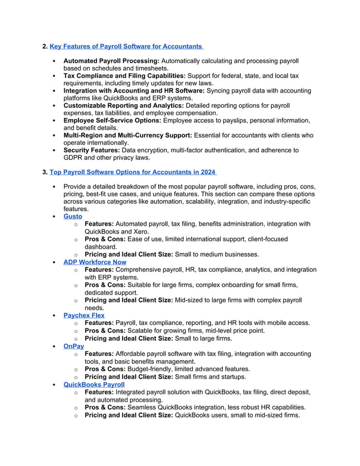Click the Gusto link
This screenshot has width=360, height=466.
72,216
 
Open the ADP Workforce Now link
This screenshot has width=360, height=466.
94,262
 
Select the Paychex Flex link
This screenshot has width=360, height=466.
84,315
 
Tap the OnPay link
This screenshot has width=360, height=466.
73,346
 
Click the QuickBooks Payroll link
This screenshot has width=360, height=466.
94,384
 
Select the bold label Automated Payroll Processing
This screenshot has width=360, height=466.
111,60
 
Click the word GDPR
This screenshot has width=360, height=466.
74,158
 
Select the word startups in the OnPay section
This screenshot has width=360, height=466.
230,376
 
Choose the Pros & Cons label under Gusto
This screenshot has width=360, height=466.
105,239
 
